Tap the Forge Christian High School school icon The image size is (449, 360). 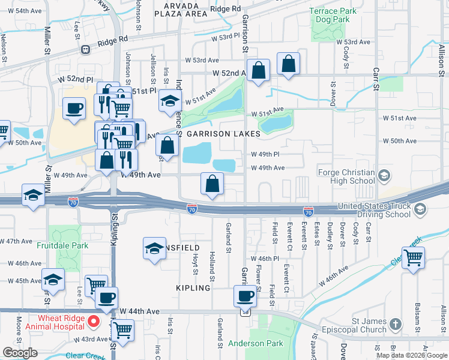coord(384,176)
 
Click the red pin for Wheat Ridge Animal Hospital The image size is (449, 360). coord(94,321)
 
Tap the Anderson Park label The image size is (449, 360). coord(255,344)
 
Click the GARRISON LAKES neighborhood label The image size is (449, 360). coord(223,134)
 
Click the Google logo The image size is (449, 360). coord(20,353)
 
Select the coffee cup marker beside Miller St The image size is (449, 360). coord(74,109)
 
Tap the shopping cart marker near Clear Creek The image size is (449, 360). coord(413,258)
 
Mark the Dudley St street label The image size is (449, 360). coord(330,233)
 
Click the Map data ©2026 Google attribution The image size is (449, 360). coord(412,355)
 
